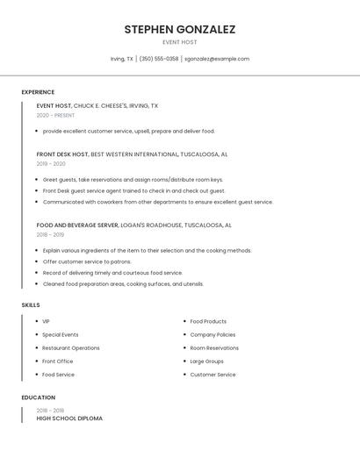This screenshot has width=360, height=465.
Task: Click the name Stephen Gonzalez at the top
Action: pos(180,29)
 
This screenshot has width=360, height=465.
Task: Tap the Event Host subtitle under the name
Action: pos(180,42)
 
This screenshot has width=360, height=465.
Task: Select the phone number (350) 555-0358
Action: pos(158,59)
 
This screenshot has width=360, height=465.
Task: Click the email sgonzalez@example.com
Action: pos(217,59)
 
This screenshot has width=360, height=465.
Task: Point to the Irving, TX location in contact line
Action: pos(122,59)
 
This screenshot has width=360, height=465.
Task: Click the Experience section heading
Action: pos(38,92)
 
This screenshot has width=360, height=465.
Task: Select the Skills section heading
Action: pos(31,304)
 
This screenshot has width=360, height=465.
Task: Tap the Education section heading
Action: pos(39,397)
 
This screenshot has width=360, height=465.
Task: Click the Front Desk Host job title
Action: pos(62,154)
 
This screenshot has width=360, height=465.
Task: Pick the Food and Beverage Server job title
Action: pos(77,225)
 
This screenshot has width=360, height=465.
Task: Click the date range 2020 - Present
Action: pos(55,115)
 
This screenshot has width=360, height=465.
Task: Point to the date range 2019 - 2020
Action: pos(51,163)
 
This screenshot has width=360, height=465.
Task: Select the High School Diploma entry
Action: pos(69,418)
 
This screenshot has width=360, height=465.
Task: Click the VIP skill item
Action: pos(46,321)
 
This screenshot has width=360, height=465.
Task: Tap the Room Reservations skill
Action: pos(214,347)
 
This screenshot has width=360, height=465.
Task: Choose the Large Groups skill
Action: pos(207,361)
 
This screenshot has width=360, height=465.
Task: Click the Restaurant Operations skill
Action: pos(71,347)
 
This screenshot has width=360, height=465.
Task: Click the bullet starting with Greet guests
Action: pos(133,180)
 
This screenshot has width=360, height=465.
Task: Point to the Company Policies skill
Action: pos(212,334)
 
